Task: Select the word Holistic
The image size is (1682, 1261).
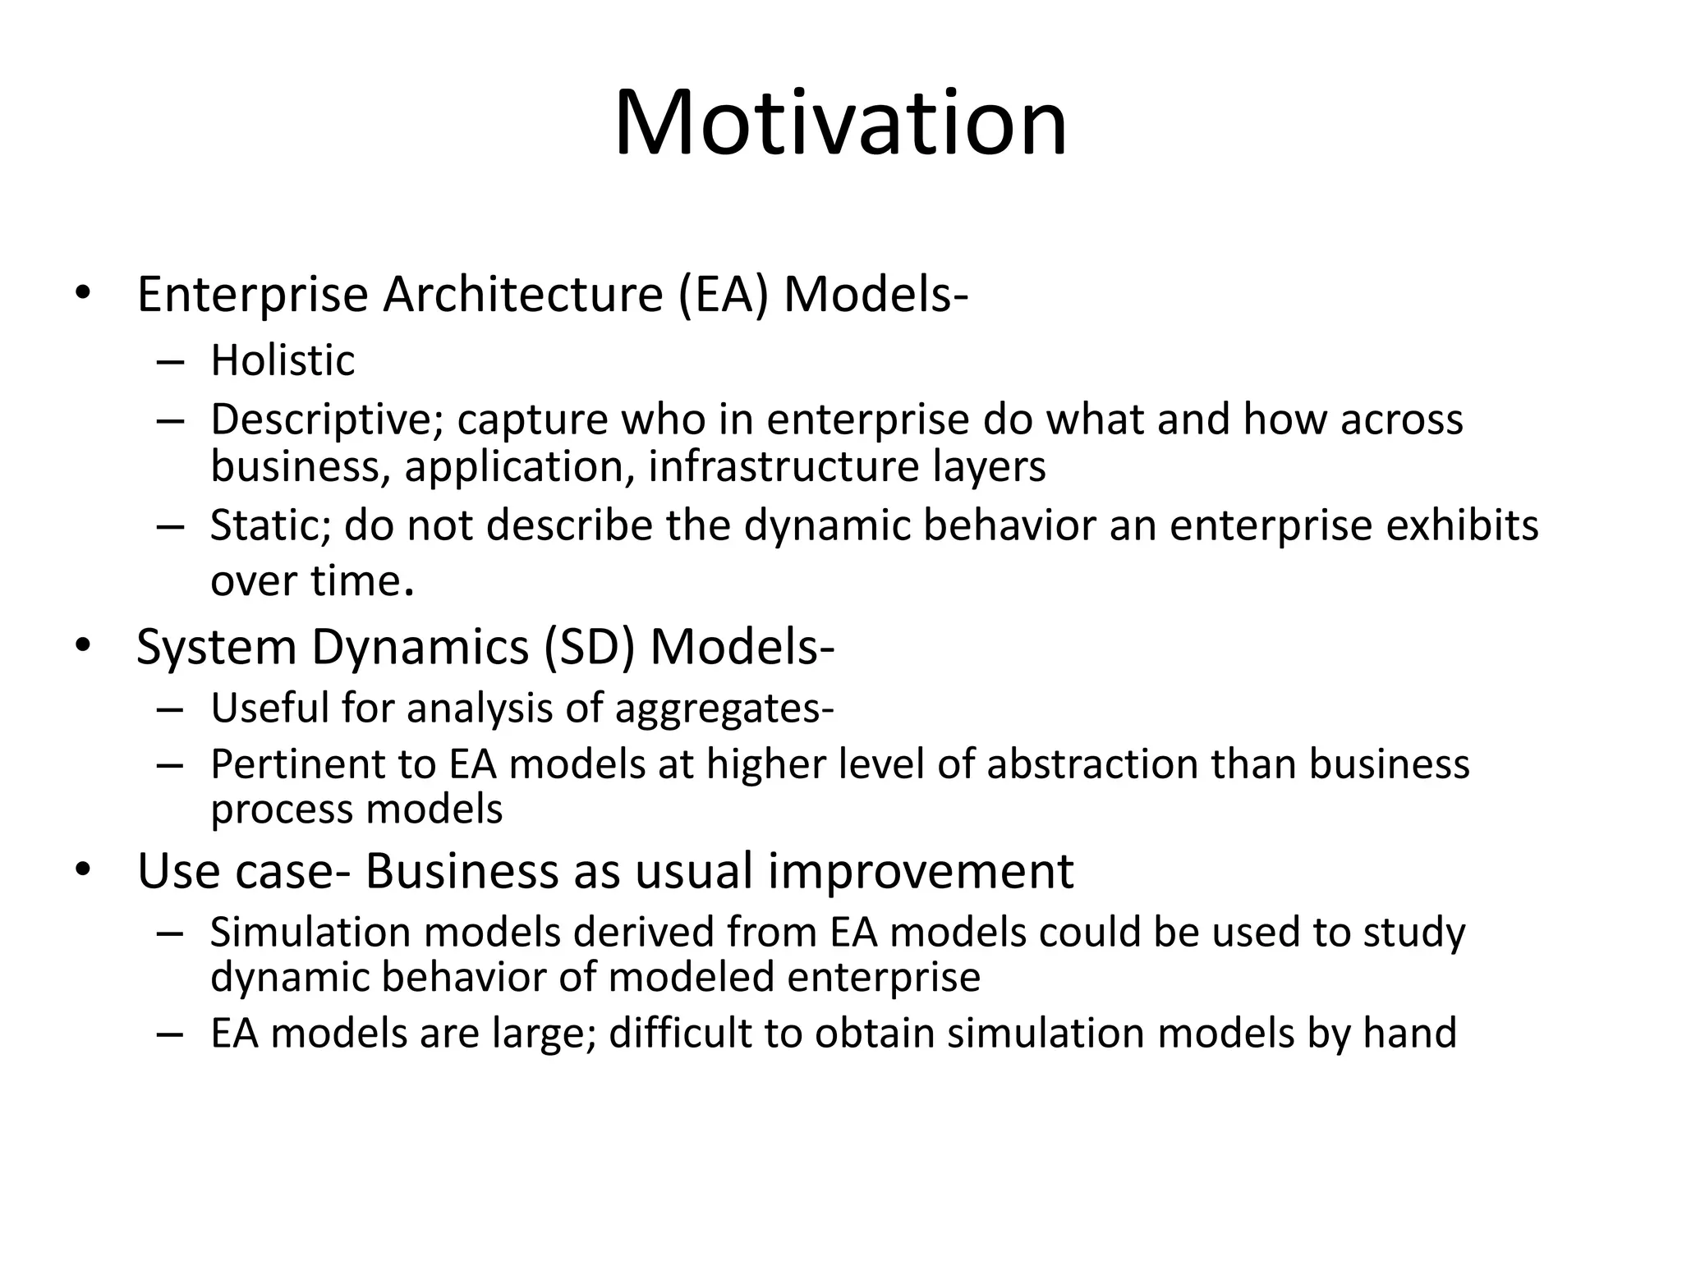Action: click(283, 361)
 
